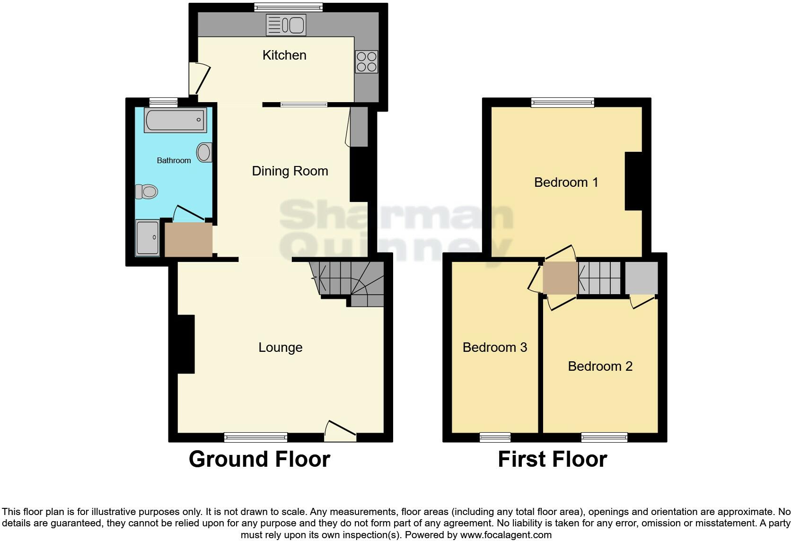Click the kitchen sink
[286, 25]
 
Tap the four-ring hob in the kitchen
[367, 62]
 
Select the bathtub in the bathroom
[175, 120]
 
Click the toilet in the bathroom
[147, 192]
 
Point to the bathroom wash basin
[204, 153]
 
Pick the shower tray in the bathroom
[148, 237]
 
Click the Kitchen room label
[284, 55]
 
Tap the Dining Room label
[290, 171]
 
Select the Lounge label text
[280, 348]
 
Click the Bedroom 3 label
[494, 348]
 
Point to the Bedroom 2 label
[600, 366]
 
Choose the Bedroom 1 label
[566, 183]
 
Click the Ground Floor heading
[259, 459]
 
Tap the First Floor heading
[552, 459]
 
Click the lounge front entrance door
[340, 431]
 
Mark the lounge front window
[255, 437]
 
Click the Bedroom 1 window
[562, 102]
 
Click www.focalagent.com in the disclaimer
[505, 535]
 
